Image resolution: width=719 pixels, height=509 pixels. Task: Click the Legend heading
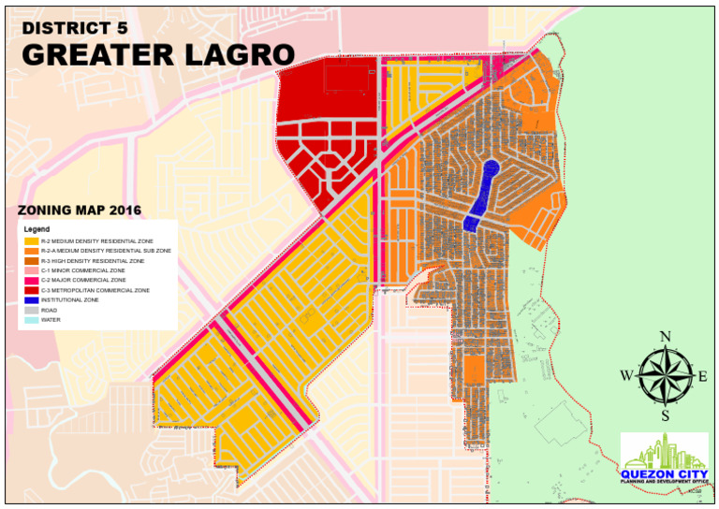tap(37, 229)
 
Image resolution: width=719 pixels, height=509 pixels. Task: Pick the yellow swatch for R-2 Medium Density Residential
tap(33, 241)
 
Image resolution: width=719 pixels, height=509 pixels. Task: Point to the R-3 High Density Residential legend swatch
tap(33, 261)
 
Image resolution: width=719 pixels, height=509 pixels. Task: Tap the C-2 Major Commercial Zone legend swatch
tap(33, 281)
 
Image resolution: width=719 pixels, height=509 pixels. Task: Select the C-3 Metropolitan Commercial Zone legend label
tap(95, 290)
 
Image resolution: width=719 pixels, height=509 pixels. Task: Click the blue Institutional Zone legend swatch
tap(33, 300)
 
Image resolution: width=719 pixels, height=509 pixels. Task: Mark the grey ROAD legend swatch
tap(33, 310)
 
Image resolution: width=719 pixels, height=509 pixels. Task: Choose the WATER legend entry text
tap(51, 320)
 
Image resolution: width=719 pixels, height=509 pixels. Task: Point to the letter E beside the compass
tap(702, 376)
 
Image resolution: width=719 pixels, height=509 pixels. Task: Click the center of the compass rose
tap(666, 376)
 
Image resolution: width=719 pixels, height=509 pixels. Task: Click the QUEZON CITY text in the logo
tap(664, 473)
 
